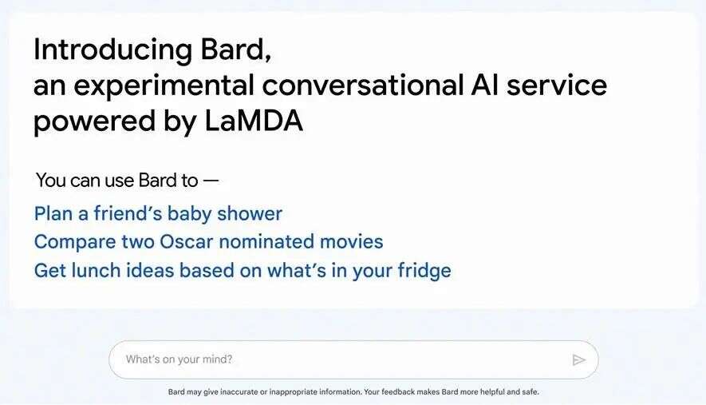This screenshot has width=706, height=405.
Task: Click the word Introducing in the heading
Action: click(112, 50)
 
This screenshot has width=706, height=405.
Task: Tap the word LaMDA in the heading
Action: click(254, 121)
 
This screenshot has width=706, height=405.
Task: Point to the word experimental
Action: click(164, 85)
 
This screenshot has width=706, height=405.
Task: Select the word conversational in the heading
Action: click(363, 85)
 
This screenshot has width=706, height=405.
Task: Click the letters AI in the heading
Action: click(485, 85)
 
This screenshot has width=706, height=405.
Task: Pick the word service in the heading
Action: click(557, 85)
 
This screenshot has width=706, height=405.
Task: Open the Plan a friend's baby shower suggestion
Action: click(158, 214)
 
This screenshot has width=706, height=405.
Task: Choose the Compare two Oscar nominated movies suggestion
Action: click(208, 242)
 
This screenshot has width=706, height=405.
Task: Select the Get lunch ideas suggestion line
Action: click(243, 271)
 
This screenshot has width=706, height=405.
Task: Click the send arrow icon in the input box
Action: click(579, 360)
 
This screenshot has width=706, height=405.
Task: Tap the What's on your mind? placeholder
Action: click(179, 359)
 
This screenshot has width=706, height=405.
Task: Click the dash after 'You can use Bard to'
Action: click(211, 181)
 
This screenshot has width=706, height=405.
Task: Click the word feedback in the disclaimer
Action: click(398, 392)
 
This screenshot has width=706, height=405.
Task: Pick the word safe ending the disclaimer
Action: click(530, 392)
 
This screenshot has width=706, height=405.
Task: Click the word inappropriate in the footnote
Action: click(294, 392)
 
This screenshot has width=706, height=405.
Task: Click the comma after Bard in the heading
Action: click(268, 58)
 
